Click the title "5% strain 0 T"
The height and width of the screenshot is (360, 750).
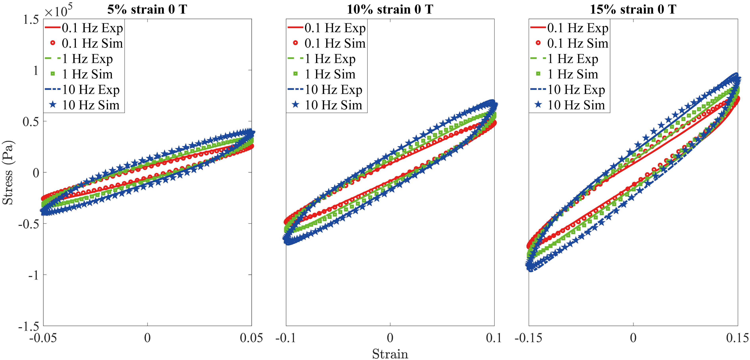click(147, 10)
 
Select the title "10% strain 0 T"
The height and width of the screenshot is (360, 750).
click(390, 10)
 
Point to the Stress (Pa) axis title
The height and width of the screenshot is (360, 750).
click(8, 173)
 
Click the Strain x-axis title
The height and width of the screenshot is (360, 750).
click(390, 354)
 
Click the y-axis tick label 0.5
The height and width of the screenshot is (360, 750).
click(31, 122)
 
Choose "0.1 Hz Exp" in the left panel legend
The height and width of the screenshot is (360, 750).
click(92, 28)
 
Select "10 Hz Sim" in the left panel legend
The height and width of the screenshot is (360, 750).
click(90, 105)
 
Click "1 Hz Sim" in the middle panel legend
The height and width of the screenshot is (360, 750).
click(330, 74)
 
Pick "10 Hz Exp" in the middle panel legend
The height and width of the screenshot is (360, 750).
click(333, 90)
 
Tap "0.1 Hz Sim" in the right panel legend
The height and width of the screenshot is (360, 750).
click(578, 43)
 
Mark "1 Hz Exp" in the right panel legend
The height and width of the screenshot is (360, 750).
click(573, 59)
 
